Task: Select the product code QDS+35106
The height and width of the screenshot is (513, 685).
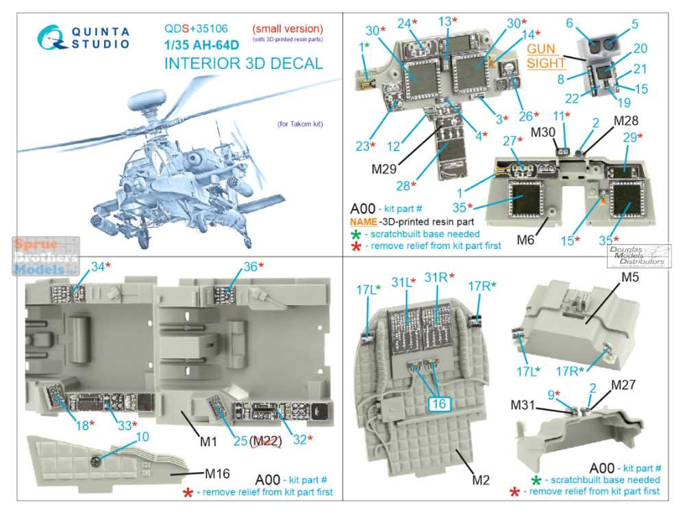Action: tap(196, 29)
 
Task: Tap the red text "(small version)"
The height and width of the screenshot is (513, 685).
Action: tap(287, 29)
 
